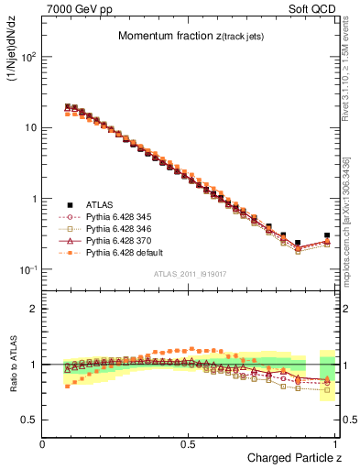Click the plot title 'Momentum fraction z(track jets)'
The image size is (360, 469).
191,36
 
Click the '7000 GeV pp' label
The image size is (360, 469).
74,7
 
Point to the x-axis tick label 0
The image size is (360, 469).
43,442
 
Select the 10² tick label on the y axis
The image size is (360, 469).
27,57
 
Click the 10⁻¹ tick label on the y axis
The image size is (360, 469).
27,269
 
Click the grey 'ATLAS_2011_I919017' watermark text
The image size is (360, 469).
191,274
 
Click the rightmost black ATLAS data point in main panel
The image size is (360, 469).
327,235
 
